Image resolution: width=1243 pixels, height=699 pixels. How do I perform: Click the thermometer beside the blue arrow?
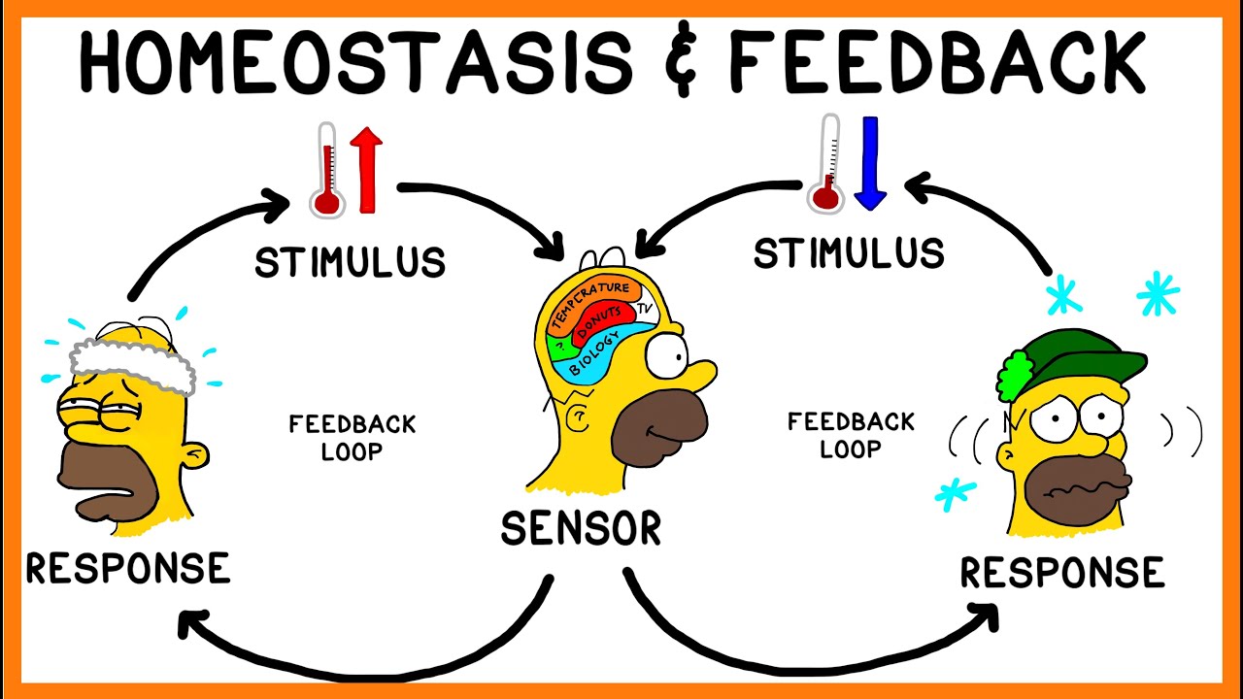coord(828,165)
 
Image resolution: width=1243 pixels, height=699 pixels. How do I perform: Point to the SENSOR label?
coord(581,529)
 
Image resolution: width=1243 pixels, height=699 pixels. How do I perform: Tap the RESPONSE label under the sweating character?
coord(127,568)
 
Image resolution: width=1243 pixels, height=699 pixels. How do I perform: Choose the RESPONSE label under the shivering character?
coord(1061,572)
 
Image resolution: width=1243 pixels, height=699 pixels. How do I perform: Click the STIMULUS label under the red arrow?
coord(350,262)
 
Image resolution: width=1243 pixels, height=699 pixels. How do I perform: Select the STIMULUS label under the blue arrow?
coord(849,253)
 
